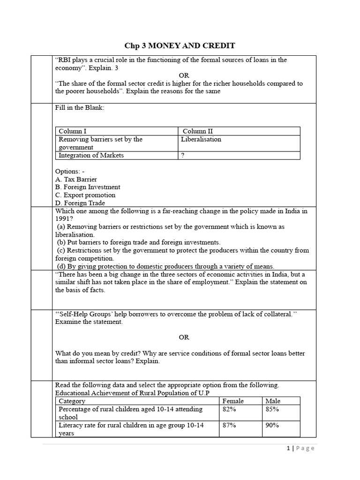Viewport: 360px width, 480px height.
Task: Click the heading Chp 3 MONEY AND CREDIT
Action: pyautogui.click(x=180, y=45)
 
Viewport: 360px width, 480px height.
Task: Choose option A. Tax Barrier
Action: pyautogui.click(x=76, y=179)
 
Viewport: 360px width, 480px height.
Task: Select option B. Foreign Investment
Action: pyautogui.click(x=87, y=187)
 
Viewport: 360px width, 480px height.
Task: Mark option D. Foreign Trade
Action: pyautogui.click(x=80, y=203)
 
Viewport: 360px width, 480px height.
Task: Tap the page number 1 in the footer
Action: pyautogui.click(x=288, y=448)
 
